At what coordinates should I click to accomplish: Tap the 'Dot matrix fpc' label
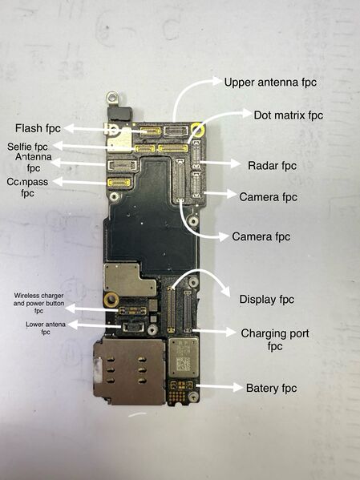[288, 115]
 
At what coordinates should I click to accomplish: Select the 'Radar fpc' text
[273, 166]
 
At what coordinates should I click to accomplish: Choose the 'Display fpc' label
[267, 299]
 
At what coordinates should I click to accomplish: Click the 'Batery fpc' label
[271, 388]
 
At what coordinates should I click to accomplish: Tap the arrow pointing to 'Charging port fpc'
[215, 331]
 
